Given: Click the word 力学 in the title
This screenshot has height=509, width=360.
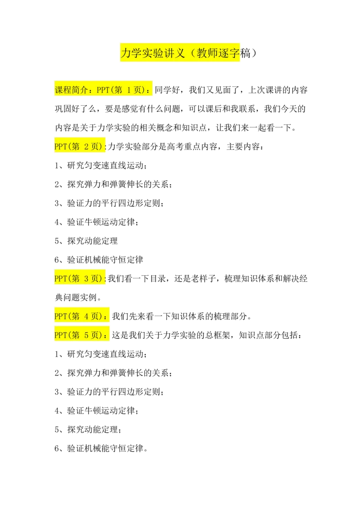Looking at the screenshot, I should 131,54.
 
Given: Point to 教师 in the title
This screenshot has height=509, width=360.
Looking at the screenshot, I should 207,54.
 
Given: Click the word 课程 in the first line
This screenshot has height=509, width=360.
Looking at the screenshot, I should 63,90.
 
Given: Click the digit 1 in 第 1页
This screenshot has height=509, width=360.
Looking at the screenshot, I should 129,90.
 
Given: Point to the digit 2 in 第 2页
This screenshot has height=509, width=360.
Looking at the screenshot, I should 86,147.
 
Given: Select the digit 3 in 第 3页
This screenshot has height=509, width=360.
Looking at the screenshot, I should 86,279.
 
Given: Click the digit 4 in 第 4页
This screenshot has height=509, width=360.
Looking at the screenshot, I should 86,317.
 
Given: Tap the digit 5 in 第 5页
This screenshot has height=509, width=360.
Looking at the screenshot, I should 86,335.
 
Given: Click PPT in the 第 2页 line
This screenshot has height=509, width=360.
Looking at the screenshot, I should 60,147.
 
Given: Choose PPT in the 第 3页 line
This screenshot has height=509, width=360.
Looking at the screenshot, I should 60,279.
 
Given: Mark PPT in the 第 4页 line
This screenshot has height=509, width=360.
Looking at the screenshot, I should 60,317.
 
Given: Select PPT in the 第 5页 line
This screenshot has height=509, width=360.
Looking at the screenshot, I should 60,335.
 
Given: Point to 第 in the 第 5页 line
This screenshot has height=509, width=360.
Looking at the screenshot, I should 75,335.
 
